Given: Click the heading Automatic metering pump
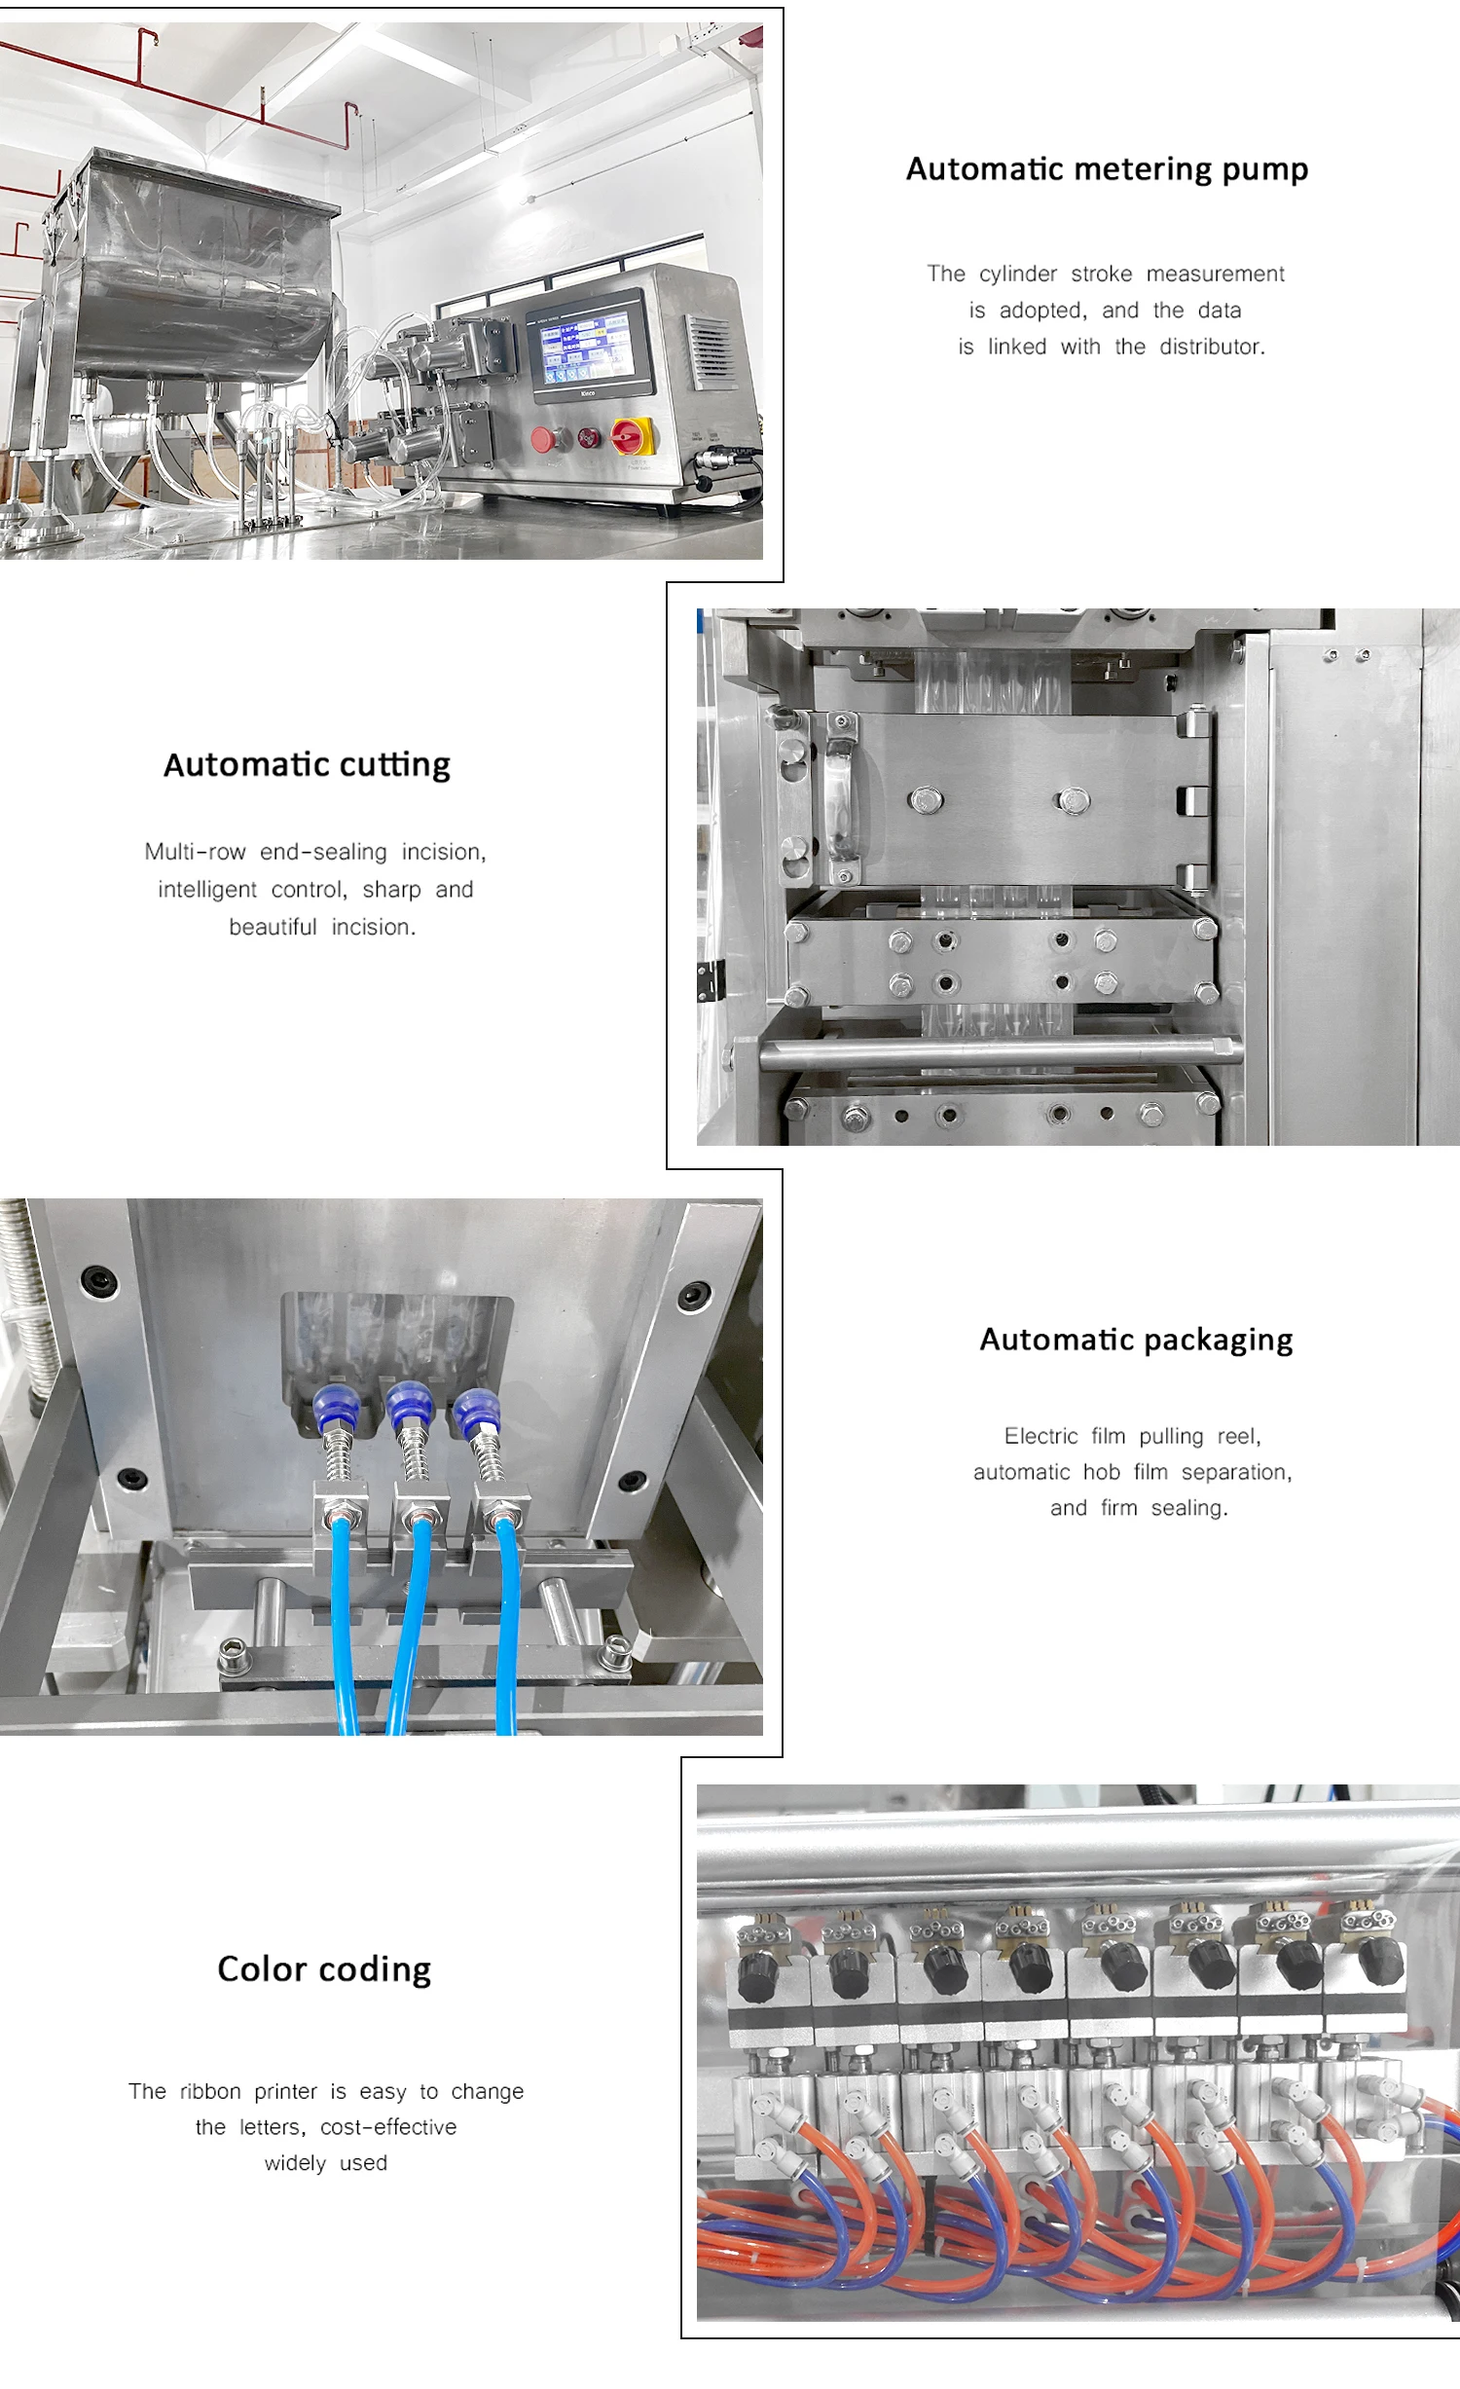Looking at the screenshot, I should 1107,169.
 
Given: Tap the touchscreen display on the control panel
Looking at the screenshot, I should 585,345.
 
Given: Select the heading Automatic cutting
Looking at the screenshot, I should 307,765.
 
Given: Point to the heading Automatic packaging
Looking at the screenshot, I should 1136,1340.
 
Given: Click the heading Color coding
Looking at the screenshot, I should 324,1968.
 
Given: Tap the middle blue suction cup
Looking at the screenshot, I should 408,1405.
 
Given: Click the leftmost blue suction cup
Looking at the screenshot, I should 336,1408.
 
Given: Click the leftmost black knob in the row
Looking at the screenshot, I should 757,1974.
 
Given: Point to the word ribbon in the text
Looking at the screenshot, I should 209,2091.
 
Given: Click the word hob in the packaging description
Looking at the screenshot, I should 1101,1472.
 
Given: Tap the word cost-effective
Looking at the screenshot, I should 388,2127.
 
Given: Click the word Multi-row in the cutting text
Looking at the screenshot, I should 195,852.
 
